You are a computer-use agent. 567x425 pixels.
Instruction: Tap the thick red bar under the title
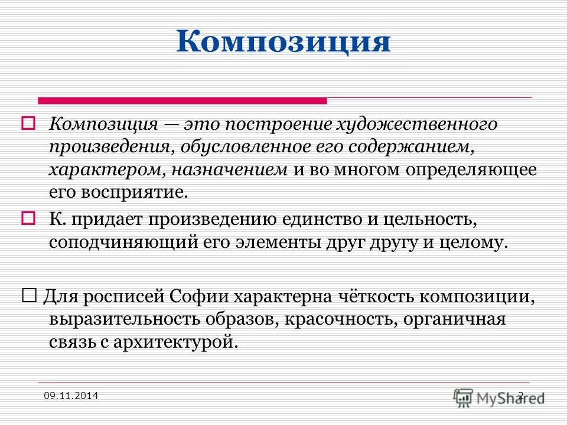coord(182,100)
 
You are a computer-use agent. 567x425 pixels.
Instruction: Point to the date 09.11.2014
coord(71,395)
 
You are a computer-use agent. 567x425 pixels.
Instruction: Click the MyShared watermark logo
coord(500,397)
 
